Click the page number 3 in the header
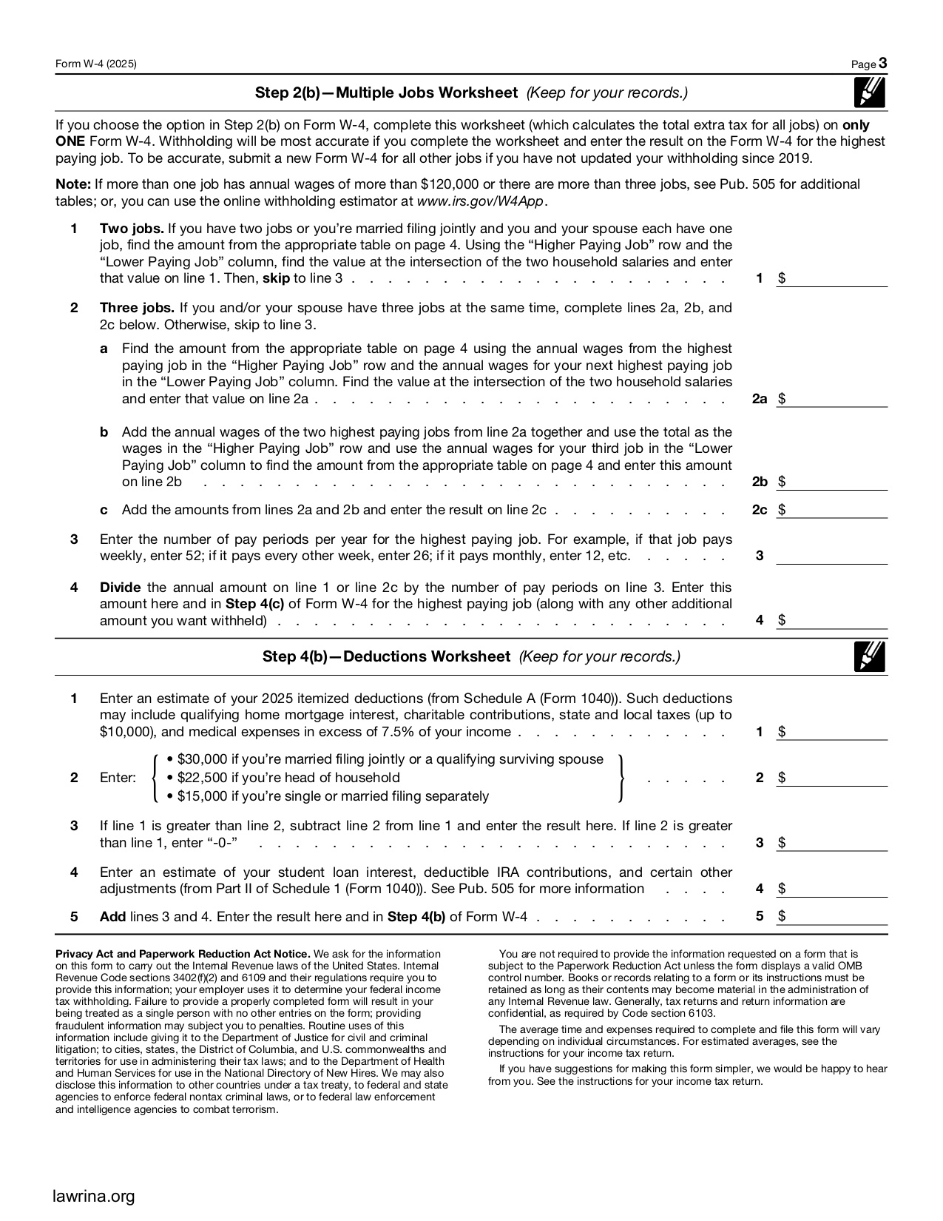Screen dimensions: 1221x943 click(x=883, y=64)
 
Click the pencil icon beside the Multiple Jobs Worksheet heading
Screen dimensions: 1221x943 click(x=869, y=92)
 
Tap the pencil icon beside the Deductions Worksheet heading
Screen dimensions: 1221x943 click(x=869, y=656)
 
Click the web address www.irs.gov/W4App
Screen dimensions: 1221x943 click(x=481, y=201)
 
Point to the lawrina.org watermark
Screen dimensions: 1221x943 click(x=95, y=1195)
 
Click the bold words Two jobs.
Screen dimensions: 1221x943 click(x=132, y=229)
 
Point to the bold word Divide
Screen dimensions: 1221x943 click(x=120, y=588)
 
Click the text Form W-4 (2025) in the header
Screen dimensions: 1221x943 click(x=96, y=64)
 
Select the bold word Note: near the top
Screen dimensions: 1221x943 click(x=73, y=184)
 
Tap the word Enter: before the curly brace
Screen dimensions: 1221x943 click(x=118, y=778)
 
